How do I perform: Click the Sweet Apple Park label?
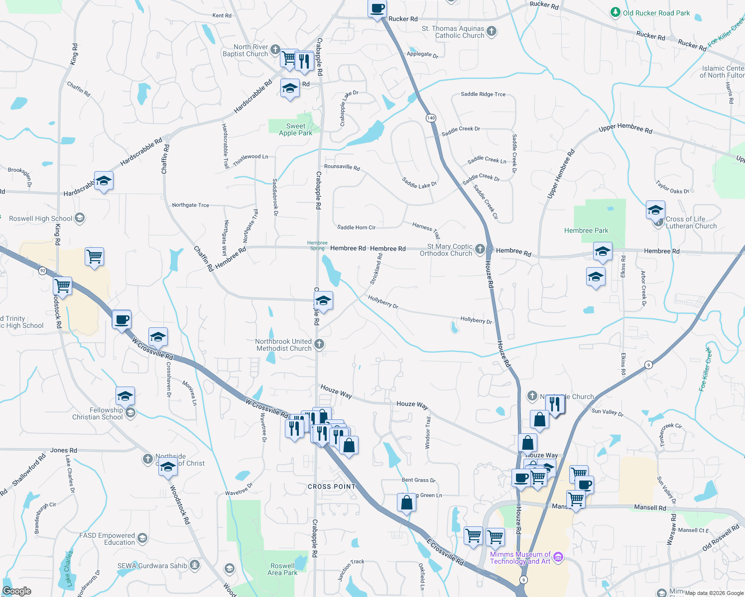tap(295, 129)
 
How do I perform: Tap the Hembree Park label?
tap(586, 230)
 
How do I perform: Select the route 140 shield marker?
tap(431, 118)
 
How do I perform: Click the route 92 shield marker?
tap(43, 271)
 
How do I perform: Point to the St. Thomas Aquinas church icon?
tap(492, 31)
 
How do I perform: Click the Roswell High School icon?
tap(80, 218)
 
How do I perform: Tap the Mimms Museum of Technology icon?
tap(558, 557)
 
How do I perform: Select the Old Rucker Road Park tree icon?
tap(616, 12)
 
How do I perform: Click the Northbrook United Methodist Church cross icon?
tap(319, 344)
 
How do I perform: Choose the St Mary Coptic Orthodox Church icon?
tap(480, 249)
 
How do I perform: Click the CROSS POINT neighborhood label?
tap(332, 487)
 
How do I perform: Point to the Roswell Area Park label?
tap(282, 569)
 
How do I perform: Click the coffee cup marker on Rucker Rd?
tap(377, 9)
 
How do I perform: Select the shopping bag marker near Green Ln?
tap(407, 503)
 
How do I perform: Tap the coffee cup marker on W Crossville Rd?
tap(122, 319)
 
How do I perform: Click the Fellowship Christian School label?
tap(98, 413)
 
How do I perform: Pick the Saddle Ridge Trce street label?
tap(483, 94)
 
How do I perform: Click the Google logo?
tap(17, 591)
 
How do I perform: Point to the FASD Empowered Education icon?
tap(142, 538)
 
